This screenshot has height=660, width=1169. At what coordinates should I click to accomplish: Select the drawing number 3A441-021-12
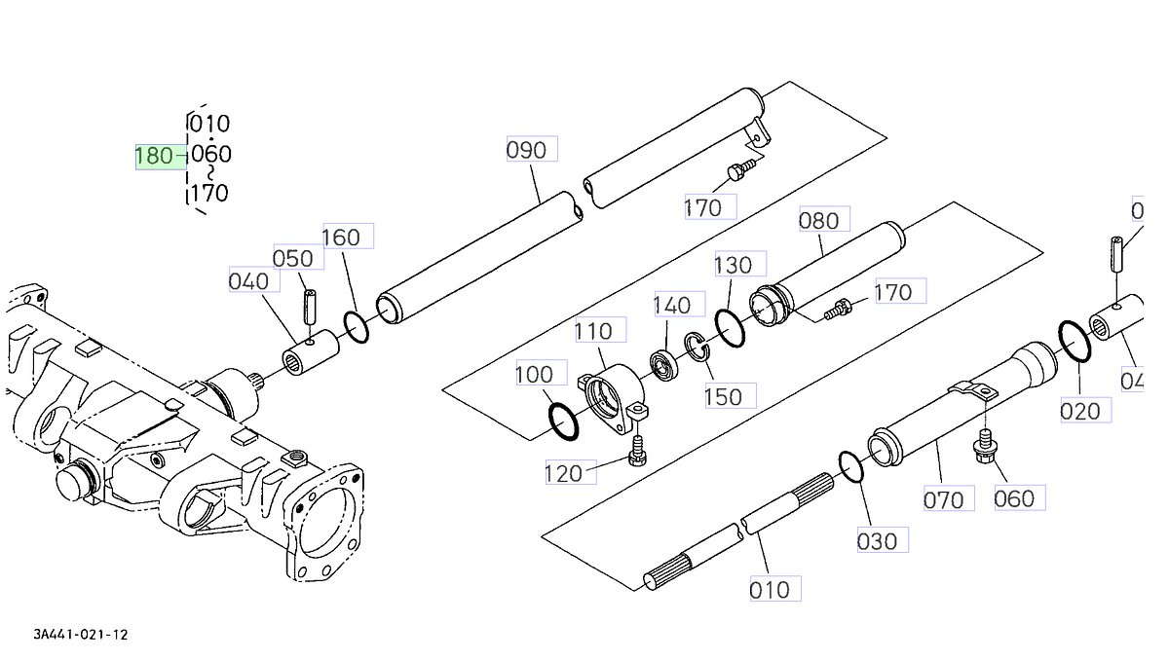click(x=81, y=635)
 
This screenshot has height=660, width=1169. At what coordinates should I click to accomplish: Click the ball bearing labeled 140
click(x=666, y=364)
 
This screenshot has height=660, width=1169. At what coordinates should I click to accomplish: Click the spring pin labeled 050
click(x=310, y=309)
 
